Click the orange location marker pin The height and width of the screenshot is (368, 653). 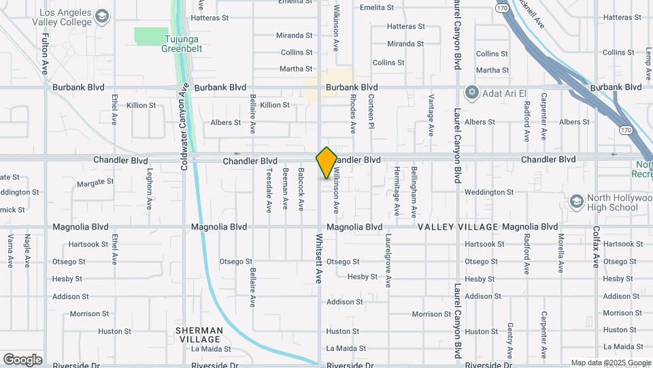[326, 162]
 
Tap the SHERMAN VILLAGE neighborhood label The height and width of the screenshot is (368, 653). [199, 335]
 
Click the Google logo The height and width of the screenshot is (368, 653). [22, 359]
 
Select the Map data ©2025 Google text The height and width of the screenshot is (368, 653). [609, 363]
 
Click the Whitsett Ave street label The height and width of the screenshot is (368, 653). [319, 260]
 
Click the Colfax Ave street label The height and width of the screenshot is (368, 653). [596, 247]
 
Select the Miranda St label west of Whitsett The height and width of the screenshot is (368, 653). [294, 35]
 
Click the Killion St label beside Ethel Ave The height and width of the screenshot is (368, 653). [141, 106]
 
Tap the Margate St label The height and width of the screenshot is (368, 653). [95, 183]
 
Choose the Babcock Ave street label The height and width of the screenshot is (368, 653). [301, 190]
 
